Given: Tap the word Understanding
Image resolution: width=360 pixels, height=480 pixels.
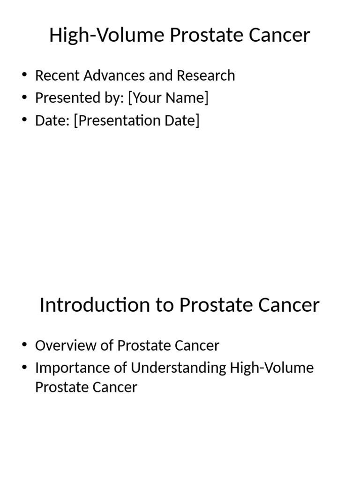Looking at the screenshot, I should [x=179, y=368].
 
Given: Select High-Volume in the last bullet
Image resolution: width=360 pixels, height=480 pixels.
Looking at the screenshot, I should [x=272, y=368].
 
